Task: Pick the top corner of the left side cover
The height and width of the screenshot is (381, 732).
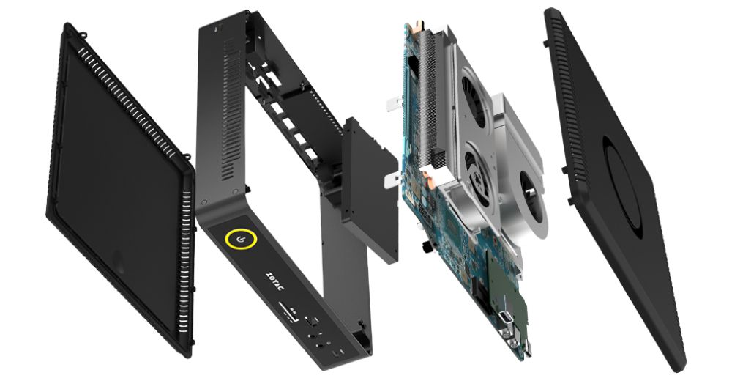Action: click(70, 27)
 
